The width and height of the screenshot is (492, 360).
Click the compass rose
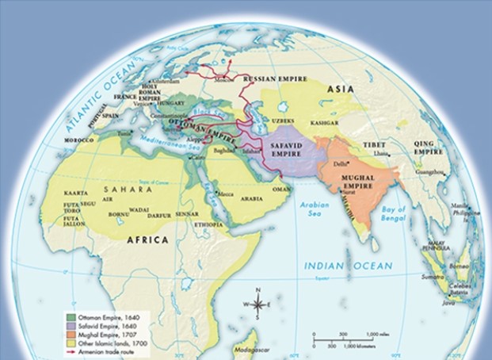(x=257, y=304)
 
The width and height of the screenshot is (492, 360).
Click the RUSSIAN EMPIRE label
(x=273, y=79)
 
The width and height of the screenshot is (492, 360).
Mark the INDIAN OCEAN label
(x=335, y=266)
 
